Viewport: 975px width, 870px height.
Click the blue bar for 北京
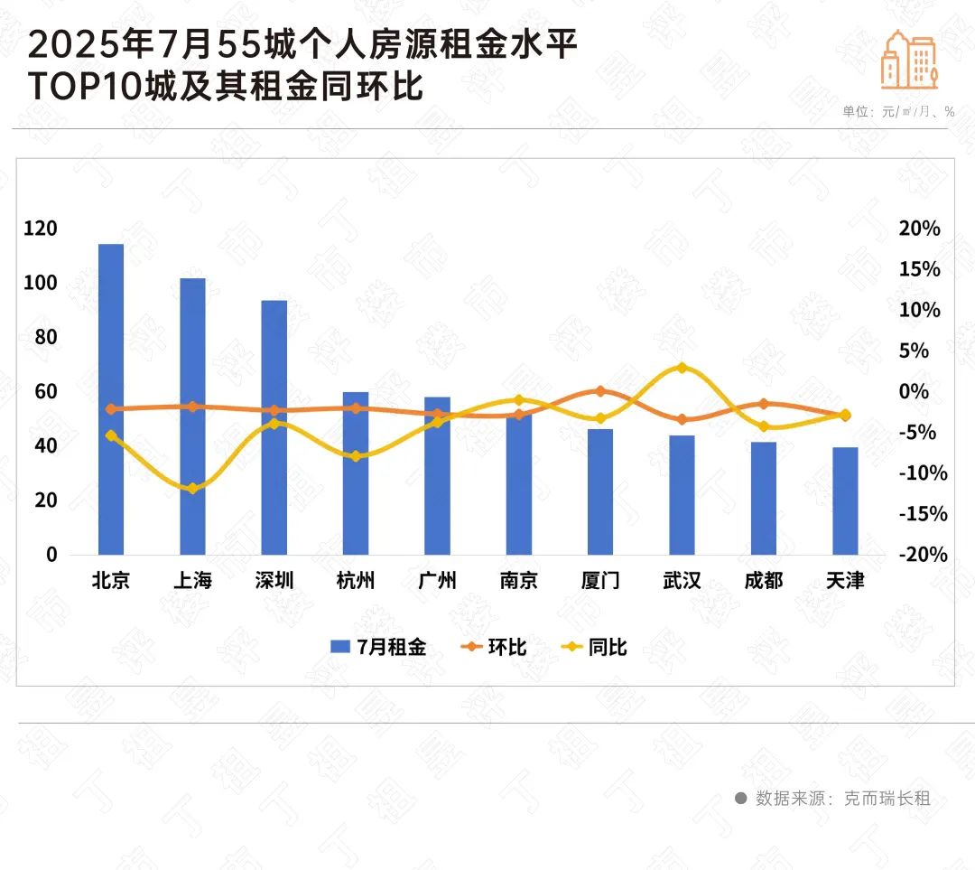click(x=111, y=398)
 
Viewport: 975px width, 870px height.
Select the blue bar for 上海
click(x=192, y=416)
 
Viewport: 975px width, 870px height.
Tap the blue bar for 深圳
click(x=274, y=426)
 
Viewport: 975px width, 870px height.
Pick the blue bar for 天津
click(x=845, y=500)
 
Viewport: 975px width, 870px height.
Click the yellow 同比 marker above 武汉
click(x=682, y=368)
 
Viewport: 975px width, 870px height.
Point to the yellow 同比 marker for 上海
click(x=192, y=489)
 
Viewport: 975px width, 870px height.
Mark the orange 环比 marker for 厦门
click(x=600, y=391)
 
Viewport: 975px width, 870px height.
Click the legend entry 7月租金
click(x=379, y=647)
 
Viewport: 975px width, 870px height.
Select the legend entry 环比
click(x=495, y=647)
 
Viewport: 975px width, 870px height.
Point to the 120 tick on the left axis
click(x=41, y=229)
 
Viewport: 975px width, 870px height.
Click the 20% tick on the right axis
click(x=920, y=229)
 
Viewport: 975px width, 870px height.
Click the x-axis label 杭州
click(x=355, y=580)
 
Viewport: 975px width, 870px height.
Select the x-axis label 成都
click(x=764, y=580)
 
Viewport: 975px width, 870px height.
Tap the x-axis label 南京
click(x=519, y=580)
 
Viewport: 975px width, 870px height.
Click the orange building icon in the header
click(x=909, y=60)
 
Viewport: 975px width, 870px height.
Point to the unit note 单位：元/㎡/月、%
click(x=898, y=111)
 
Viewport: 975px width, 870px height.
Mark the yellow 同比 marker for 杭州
click(x=356, y=456)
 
